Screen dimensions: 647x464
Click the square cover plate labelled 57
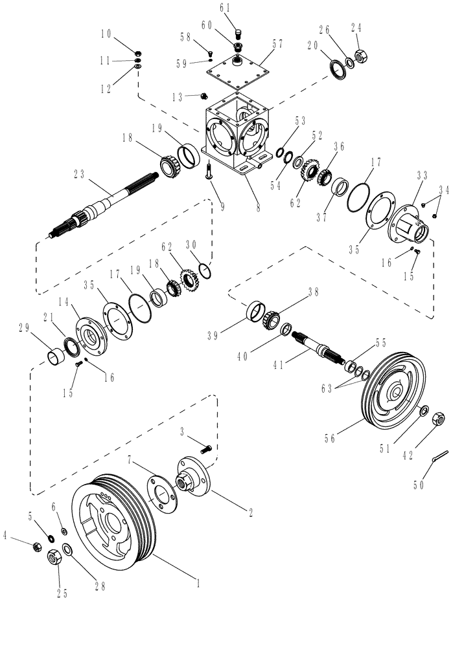point(240,68)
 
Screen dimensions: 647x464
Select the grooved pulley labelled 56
point(389,395)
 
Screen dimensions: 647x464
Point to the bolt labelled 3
point(206,447)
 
